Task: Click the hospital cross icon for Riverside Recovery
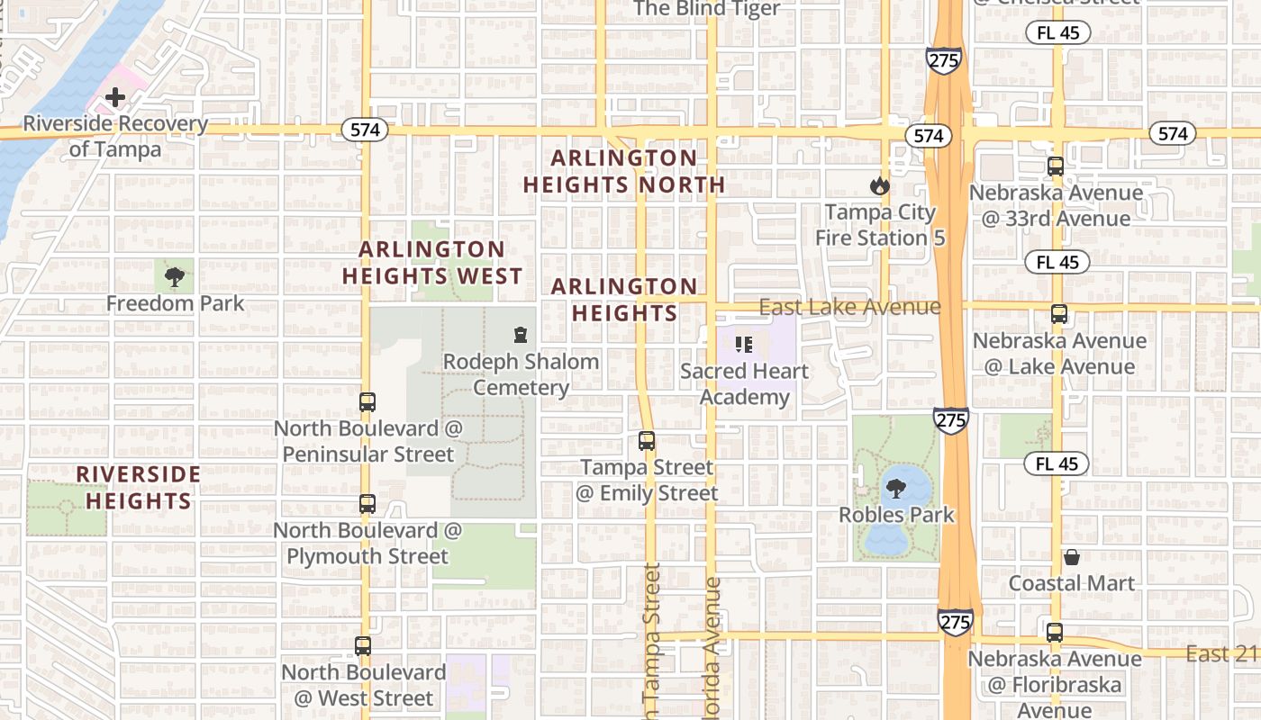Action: click(115, 96)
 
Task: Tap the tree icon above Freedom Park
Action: click(175, 276)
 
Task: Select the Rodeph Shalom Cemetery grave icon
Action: click(520, 336)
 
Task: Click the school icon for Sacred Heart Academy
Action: click(744, 345)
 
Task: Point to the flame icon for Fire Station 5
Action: click(879, 186)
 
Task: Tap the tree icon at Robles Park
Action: click(895, 489)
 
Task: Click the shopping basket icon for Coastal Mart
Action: click(1071, 557)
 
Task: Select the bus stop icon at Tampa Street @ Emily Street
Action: click(647, 441)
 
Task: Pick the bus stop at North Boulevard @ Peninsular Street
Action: click(367, 402)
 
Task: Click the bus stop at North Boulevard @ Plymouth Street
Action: click(367, 504)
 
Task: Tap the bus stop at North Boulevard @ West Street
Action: click(363, 645)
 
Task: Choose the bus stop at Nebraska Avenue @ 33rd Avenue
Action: click(1056, 166)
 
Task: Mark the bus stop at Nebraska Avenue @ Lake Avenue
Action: click(1059, 315)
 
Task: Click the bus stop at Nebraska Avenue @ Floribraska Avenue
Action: click(1055, 633)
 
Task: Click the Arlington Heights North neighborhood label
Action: click(624, 171)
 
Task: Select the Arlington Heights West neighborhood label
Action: click(432, 263)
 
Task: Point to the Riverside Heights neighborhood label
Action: click(139, 487)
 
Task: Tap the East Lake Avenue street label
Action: click(849, 307)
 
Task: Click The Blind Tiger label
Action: click(706, 9)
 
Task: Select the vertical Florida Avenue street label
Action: click(712, 648)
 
